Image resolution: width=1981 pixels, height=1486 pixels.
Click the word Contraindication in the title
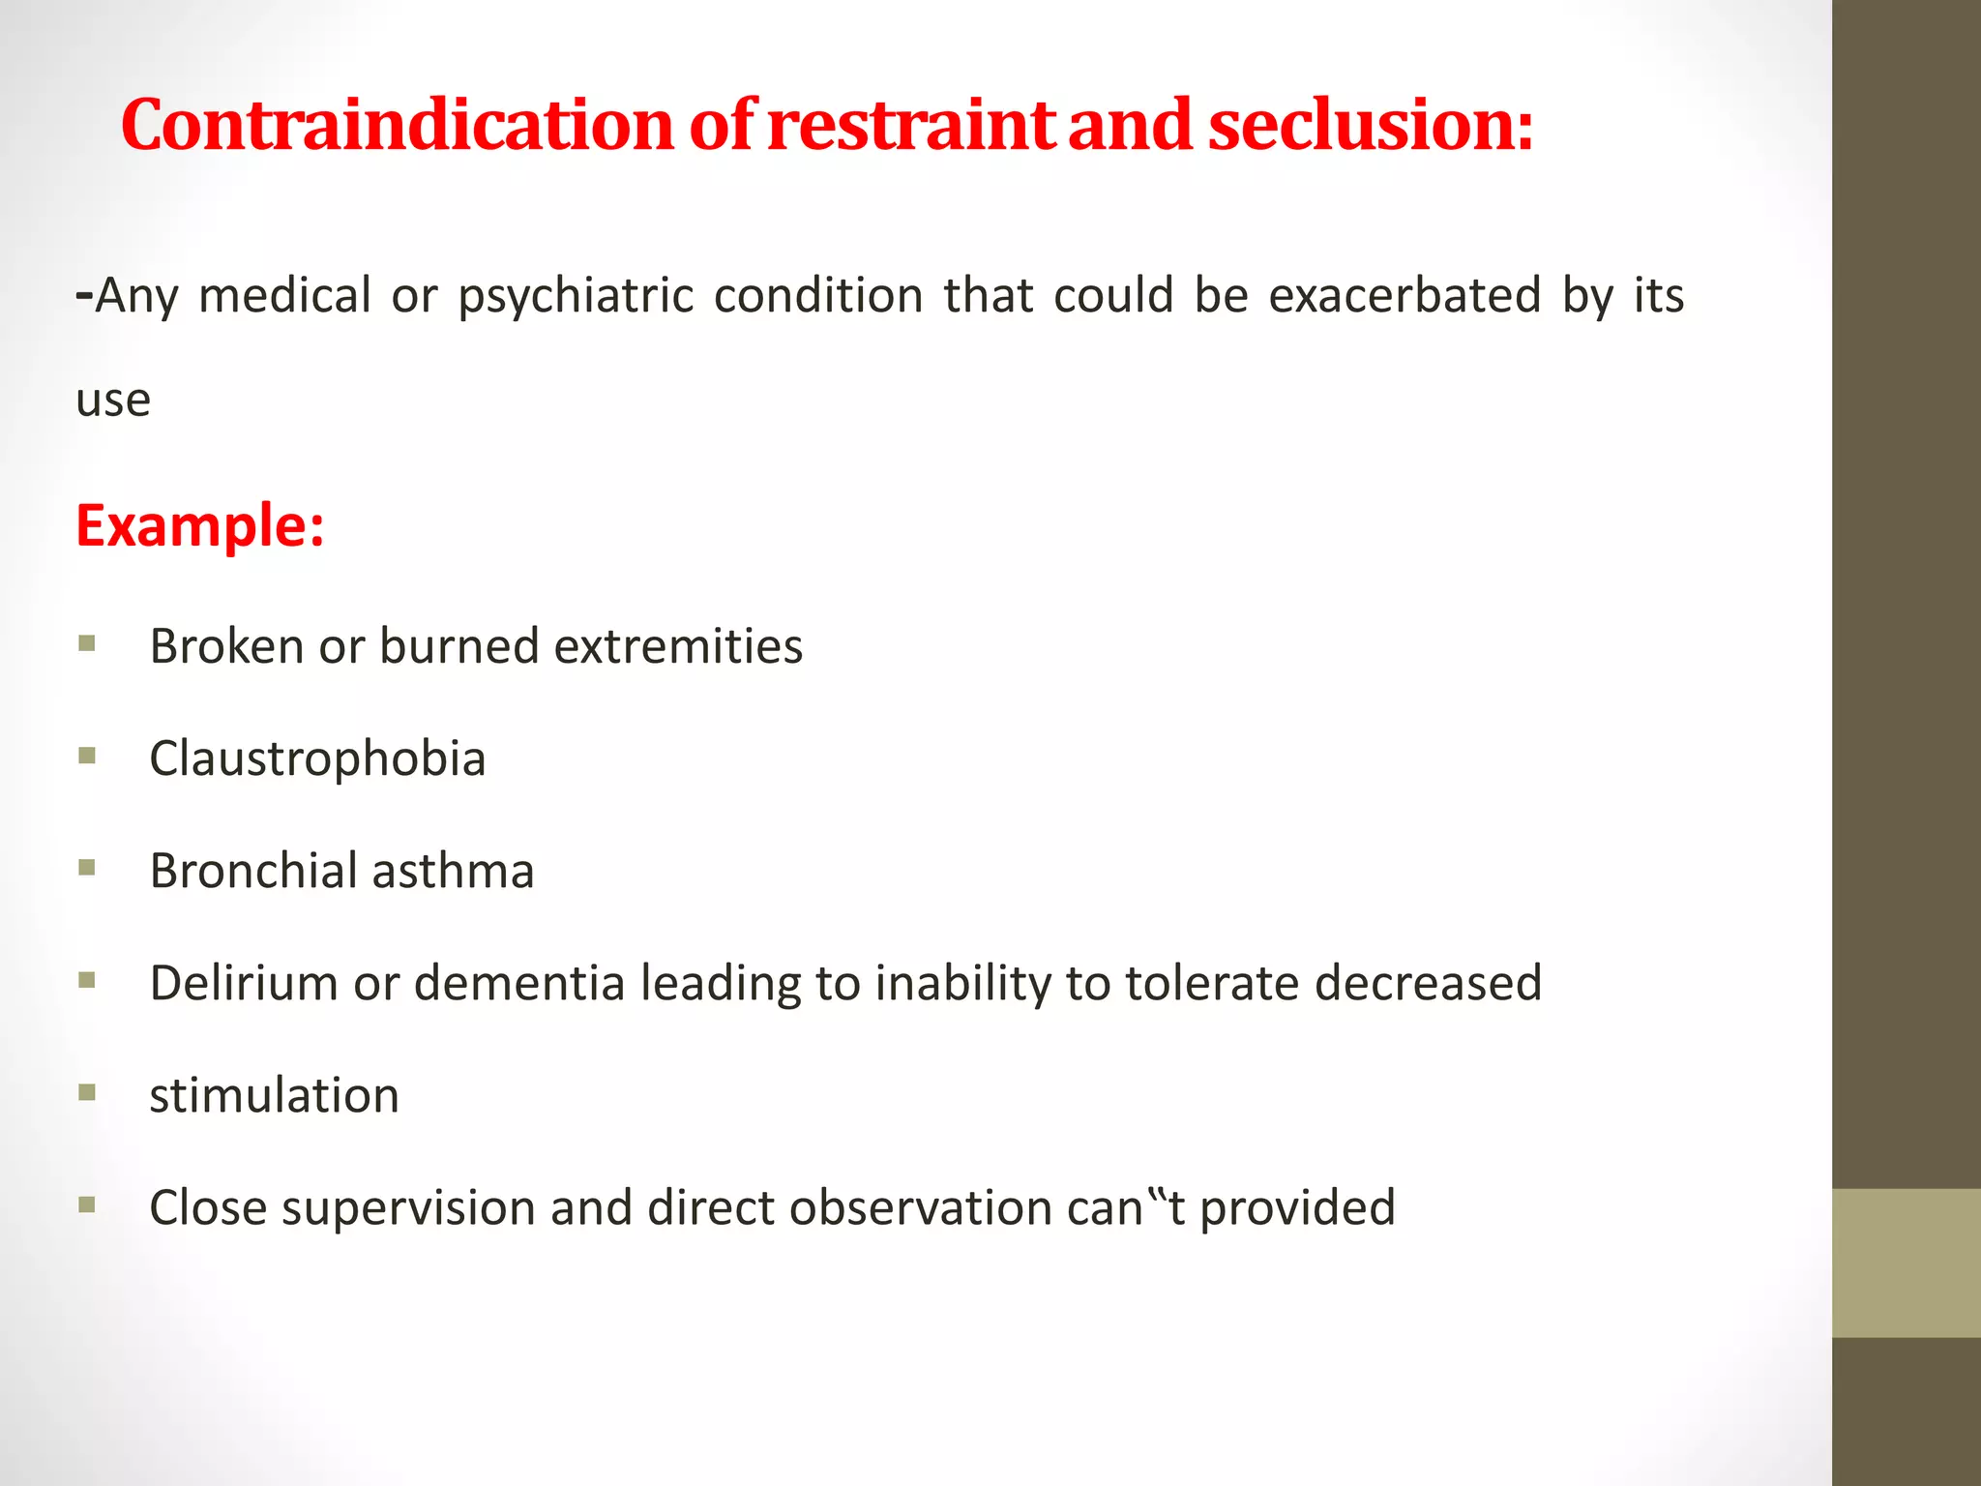coord(397,126)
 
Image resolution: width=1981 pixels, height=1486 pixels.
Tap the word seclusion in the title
coord(1371,126)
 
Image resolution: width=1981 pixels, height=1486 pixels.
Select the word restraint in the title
coord(910,126)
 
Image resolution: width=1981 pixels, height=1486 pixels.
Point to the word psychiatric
coord(576,296)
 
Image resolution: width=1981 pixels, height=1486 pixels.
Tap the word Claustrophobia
coord(317,758)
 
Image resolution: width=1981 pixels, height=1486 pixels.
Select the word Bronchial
coord(253,870)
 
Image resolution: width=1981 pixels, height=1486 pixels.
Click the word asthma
coord(453,870)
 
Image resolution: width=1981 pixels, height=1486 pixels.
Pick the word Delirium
coord(244,983)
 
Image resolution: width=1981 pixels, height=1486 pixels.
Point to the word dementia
coord(519,983)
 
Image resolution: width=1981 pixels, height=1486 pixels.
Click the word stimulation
coord(274,1095)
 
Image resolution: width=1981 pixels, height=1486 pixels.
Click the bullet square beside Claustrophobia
coord(87,756)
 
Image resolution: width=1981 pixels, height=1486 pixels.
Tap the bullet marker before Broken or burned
coord(87,643)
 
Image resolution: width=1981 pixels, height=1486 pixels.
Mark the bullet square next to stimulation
coord(87,1093)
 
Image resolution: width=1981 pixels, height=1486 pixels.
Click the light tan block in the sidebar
coord(1906,1263)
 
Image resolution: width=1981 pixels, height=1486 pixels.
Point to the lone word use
coord(113,401)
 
